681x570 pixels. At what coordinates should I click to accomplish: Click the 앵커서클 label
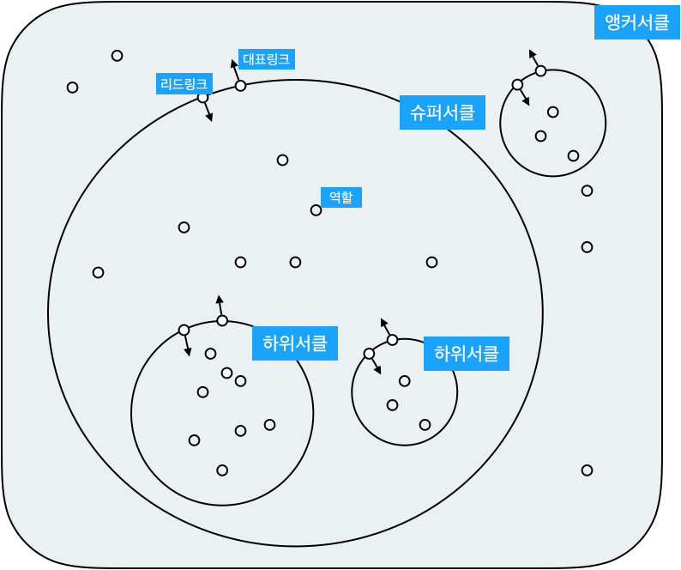point(636,23)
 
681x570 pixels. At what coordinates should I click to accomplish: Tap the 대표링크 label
point(266,59)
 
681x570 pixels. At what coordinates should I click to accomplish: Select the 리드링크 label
point(184,84)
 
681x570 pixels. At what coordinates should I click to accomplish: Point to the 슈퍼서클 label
point(442,112)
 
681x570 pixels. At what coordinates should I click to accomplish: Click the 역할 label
point(340,197)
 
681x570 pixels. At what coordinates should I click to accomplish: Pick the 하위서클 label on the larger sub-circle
point(294,343)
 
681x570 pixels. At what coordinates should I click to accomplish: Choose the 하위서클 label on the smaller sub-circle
point(466,354)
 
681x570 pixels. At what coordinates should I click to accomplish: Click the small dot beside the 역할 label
point(316,210)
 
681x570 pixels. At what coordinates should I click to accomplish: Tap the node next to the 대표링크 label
point(240,86)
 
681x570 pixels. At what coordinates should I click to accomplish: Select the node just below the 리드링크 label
point(202,98)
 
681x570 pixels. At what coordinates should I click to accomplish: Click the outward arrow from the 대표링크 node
point(235,70)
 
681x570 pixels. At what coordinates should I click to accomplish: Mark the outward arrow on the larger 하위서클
point(220,306)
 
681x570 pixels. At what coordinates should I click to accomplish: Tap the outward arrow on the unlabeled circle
point(534,58)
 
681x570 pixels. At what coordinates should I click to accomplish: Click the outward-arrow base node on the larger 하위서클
point(222,321)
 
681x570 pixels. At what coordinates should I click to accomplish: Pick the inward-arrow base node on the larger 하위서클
point(184,330)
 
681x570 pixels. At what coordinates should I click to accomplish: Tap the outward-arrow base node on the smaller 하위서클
point(392,340)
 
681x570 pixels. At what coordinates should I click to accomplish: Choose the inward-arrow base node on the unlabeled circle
point(517,84)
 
